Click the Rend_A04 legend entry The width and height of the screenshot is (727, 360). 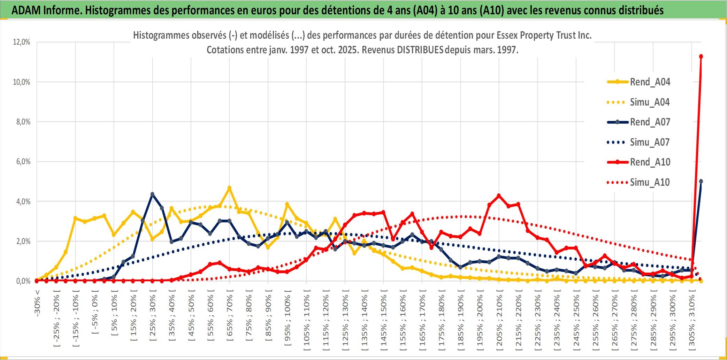click(x=650, y=82)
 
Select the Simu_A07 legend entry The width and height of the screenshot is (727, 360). click(x=649, y=142)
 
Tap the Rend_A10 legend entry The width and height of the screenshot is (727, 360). click(x=650, y=162)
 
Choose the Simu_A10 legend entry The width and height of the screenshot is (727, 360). click(x=649, y=182)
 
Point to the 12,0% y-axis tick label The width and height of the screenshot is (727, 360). click(x=22, y=42)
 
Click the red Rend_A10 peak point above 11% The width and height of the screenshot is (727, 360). click(x=701, y=56)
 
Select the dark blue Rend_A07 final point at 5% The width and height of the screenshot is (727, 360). click(x=701, y=181)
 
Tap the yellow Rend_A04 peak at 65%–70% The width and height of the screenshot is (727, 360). click(x=229, y=188)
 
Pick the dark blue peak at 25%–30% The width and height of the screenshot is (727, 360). click(x=152, y=194)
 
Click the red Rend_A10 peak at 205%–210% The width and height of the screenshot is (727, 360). click(x=499, y=196)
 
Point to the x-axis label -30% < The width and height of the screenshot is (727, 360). click(x=37, y=303)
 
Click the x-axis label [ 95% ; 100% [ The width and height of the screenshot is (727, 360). click(x=288, y=320)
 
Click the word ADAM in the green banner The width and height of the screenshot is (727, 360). click(x=26, y=10)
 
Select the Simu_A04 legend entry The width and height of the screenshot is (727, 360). click(x=649, y=102)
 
